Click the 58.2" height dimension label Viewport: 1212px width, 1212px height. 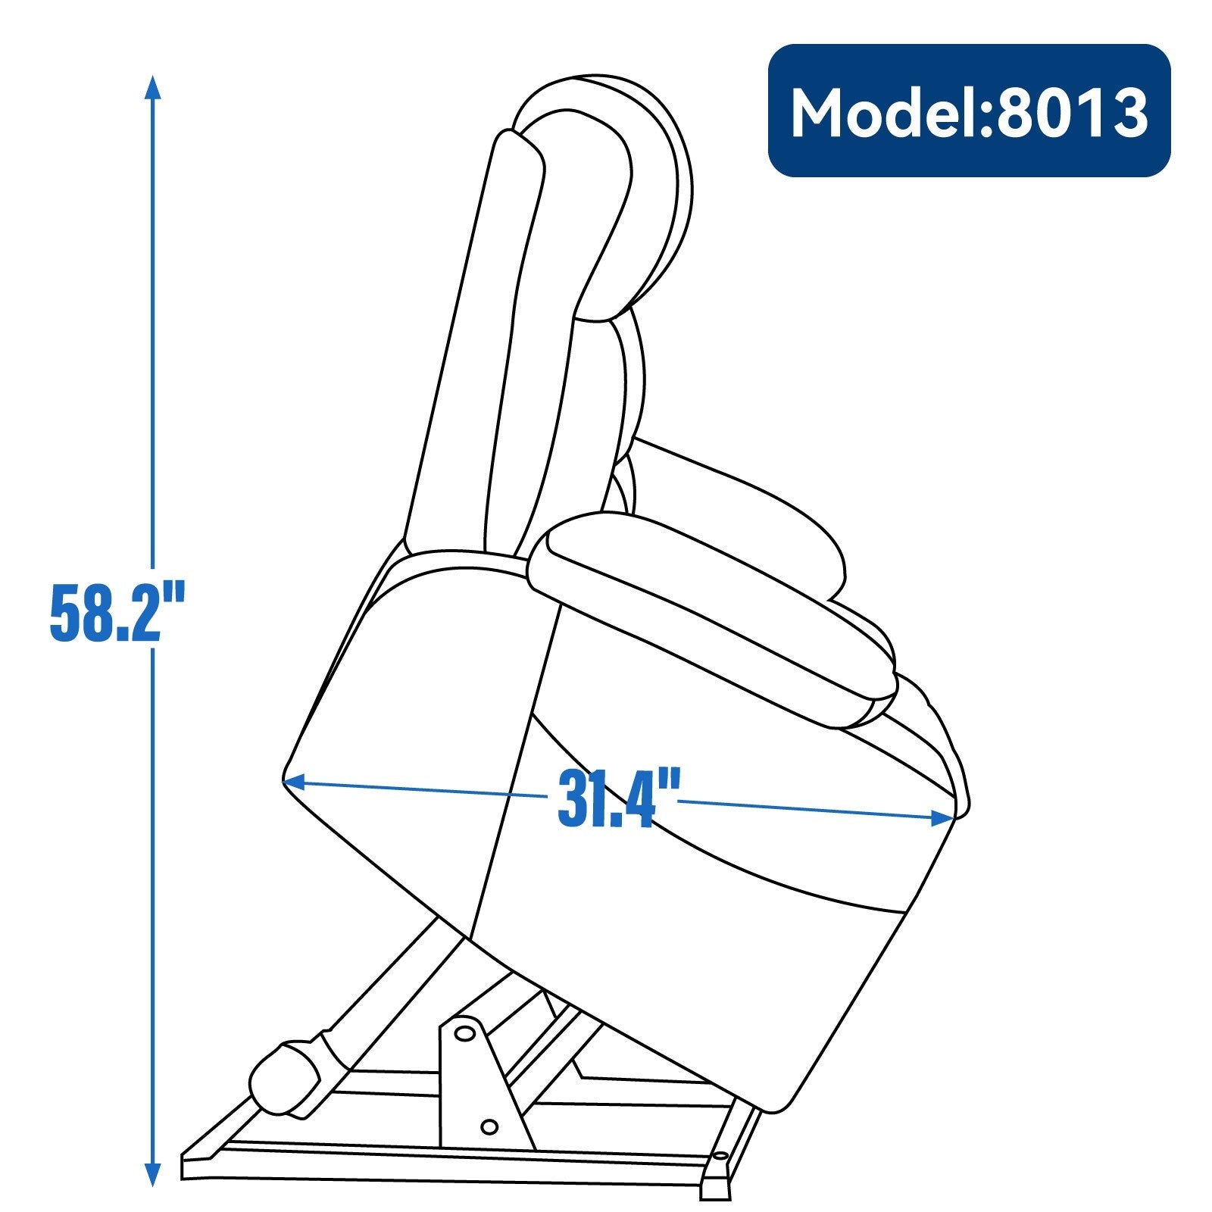pyautogui.click(x=117, y=612)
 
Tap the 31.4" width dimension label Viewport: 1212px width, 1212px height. pyautogui.click(x=618, y=798)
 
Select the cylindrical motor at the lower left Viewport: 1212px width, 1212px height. pyautogui.click(x=284, y=1079)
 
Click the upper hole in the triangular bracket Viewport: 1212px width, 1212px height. pyautogui.click(x=464, y=1032)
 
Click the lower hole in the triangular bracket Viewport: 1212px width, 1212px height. pyautogui.click(x=489, y=1127)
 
